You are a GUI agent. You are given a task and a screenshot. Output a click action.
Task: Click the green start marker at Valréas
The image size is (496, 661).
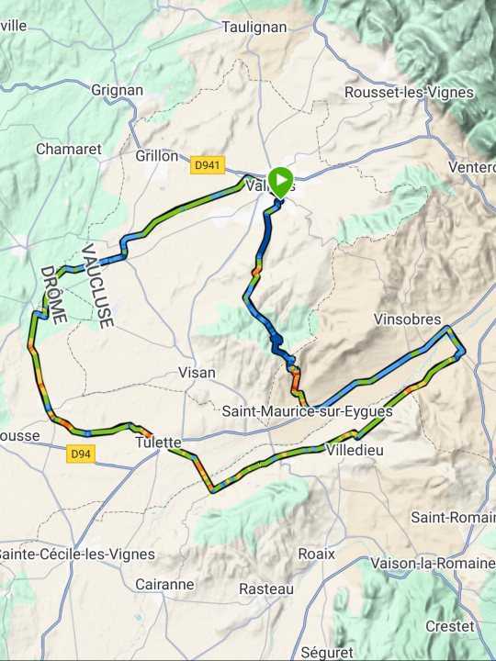(280, 179)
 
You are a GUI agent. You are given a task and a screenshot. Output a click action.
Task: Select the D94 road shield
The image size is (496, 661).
(82, 453)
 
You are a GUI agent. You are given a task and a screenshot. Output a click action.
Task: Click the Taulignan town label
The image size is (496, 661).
(254, 28)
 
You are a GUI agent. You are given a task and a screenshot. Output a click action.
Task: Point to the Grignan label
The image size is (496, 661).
(118, 90)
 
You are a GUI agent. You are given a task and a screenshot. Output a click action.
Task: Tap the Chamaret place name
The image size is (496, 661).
(68, 149)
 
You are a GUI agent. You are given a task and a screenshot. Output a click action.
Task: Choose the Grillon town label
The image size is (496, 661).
(156, 156)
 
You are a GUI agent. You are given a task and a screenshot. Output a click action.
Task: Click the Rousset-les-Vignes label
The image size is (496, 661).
(409, 93)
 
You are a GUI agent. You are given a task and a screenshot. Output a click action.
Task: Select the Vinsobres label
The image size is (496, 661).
(408, 319)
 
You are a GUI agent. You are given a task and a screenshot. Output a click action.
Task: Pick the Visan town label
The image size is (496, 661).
(196, 373)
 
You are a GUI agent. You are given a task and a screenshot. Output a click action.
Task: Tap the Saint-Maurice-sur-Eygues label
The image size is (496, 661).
(308, 412)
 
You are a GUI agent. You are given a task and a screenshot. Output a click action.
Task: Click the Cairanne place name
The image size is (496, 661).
(164, 584)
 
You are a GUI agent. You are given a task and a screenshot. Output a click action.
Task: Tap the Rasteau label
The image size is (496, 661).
(266, 588)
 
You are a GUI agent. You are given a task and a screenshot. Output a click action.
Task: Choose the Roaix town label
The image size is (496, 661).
(316, 554)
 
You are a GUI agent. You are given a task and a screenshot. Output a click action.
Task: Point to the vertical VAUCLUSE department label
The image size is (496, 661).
(96, 286)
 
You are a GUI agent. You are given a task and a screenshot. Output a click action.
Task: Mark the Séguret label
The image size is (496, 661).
(326, 652)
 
